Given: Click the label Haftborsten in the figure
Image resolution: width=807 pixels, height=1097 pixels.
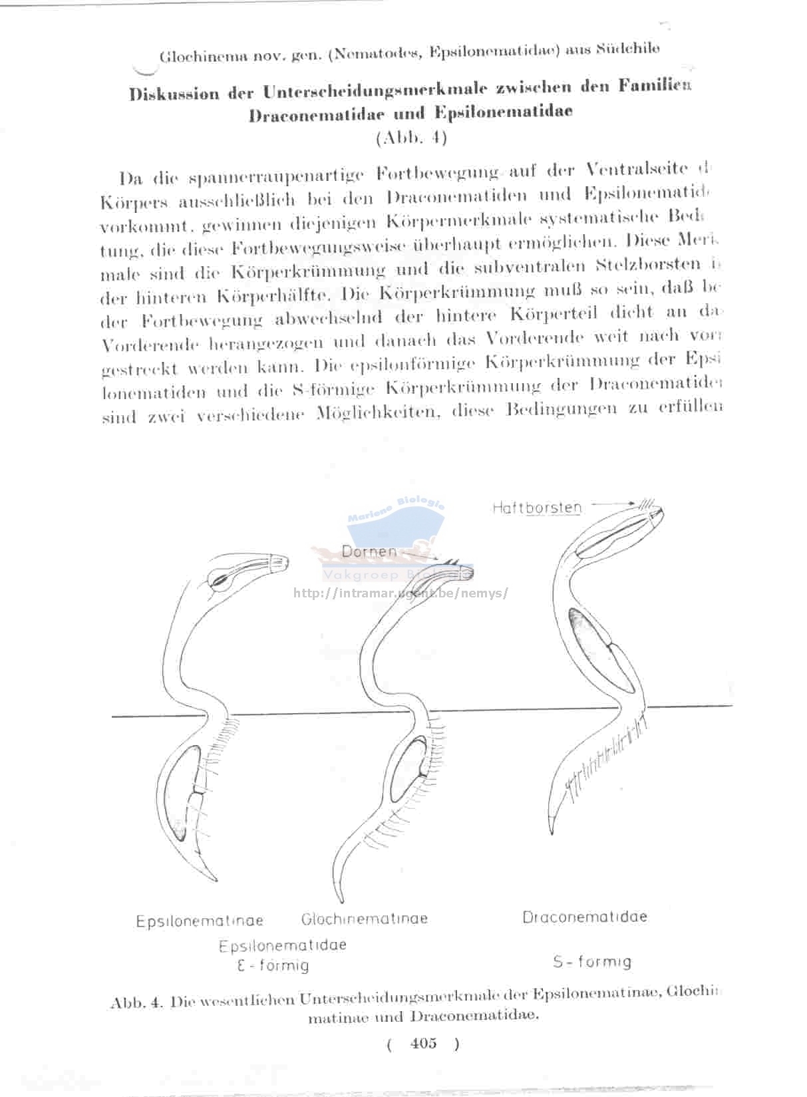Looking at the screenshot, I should (537, 508).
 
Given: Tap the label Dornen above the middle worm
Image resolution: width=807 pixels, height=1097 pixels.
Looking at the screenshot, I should (369, 551).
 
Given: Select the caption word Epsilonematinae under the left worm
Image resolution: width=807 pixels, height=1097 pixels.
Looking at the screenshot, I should (200, 921).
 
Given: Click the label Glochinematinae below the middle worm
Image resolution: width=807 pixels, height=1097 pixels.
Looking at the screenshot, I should (364, 919).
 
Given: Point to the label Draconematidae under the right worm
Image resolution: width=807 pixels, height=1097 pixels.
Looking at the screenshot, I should (584, 917).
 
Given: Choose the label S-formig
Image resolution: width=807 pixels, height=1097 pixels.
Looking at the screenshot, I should (591, 961).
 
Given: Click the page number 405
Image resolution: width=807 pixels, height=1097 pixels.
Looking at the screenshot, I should (424, 1043).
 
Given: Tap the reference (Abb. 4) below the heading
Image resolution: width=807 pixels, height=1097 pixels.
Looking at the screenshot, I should (411, 138).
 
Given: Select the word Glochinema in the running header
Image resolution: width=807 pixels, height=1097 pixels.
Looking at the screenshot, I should (196, 56).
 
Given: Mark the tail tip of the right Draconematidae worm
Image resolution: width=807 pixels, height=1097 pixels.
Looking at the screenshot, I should (552, 832).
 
